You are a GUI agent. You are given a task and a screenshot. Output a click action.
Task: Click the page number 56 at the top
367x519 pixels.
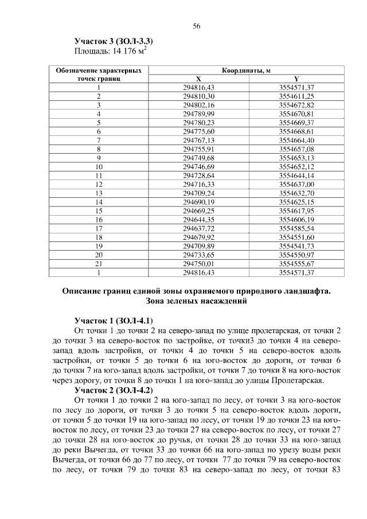click(x=196, y=27)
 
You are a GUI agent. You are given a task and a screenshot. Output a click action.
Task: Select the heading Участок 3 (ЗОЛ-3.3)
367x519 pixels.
click(x=114, y=42)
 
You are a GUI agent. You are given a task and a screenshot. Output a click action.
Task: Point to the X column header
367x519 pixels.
click(x=198, y=79)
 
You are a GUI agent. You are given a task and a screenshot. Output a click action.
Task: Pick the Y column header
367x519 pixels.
click(x=296, y=79)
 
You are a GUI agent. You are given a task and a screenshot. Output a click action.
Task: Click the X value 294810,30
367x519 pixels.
click(x=198, y=96)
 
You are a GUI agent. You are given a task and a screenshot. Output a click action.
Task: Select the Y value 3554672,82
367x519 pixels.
click(x=296, y=105)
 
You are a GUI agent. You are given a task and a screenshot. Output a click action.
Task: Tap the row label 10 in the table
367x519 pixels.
click(x=99, y=166)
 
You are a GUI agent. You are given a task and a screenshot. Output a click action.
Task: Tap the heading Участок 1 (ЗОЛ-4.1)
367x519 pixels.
click(x=114, y=319)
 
